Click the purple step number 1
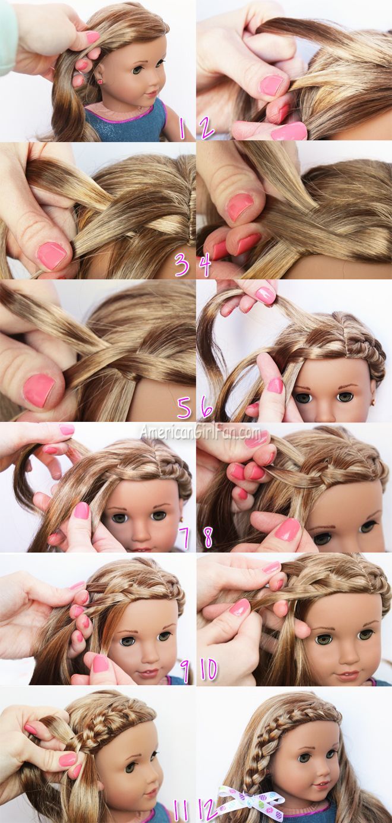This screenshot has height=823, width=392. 182,128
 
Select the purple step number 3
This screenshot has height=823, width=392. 182,264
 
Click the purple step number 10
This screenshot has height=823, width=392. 208,670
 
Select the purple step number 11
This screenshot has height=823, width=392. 181,810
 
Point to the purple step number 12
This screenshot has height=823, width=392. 206,809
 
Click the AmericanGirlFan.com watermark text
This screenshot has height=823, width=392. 200,433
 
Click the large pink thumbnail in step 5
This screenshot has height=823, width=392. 38,390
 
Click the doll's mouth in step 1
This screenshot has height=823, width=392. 151,93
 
